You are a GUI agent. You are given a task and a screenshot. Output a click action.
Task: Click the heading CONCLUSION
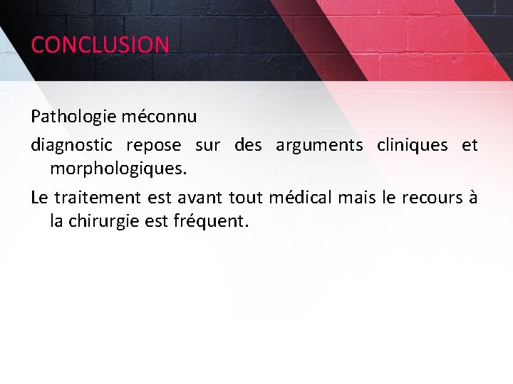tap(100, 45)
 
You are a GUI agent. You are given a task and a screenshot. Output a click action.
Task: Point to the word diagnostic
tap(71, 146)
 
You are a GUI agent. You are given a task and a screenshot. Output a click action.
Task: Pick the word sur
tap(207, 146)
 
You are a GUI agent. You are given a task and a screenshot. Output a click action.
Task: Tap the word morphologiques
tap(118, 170)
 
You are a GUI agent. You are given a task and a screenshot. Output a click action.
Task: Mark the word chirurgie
tap(104, 221)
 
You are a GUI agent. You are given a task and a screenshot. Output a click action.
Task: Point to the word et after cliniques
tap(470, 146)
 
